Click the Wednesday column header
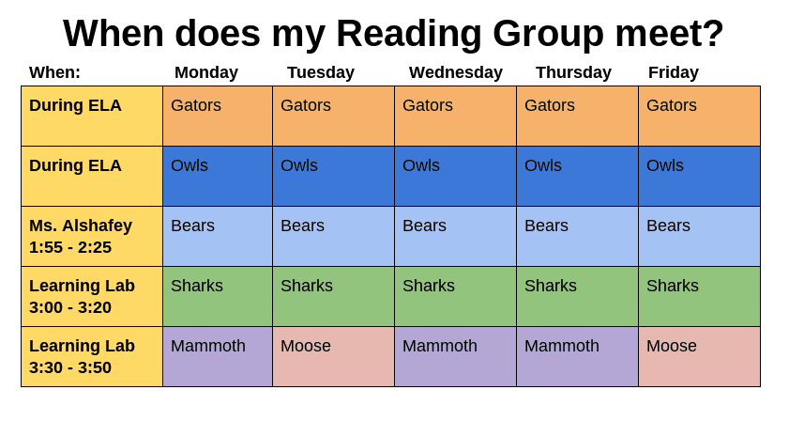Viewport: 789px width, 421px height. pos(455,72)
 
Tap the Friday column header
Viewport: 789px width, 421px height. pos(674,72)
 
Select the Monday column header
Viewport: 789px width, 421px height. pos(206,72)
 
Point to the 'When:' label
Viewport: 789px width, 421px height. pos(54,72)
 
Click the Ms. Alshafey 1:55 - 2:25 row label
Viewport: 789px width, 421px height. pos(92,237)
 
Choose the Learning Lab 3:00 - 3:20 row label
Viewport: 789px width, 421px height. pos(92,296)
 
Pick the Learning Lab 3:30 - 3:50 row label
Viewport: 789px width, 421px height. pos(92,356)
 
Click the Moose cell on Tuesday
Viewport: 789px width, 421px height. pos(333,356)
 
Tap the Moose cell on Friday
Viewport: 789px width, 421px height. pos(699,356)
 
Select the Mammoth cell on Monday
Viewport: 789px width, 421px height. pos(218,356)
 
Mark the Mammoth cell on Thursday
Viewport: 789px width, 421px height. pos(577,356)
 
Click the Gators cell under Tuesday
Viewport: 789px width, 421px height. pos(333,116)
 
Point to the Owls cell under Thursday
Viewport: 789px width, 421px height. pos(577,177)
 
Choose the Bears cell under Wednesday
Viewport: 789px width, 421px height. pos(455,237)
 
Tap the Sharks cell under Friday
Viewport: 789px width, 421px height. pos(699,296)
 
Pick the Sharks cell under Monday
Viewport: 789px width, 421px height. pos(218,296)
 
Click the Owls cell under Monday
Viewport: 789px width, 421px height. pos(218,177)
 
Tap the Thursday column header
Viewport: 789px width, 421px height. pos(573,72)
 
